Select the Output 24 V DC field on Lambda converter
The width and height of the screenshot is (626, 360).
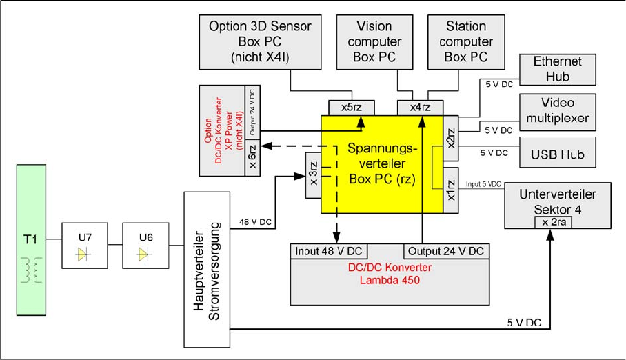445,250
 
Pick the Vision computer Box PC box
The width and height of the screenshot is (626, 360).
374,41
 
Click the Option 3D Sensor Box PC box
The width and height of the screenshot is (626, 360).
260,41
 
